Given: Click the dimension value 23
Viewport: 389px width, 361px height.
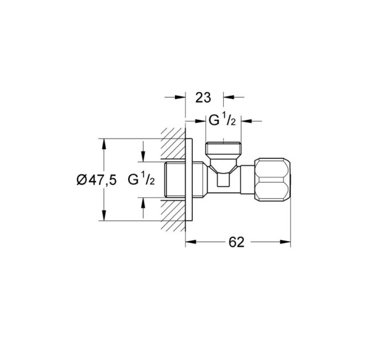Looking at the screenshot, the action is click(x=203, y=97).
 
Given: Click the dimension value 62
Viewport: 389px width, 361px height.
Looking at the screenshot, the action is click(x=236, y=242).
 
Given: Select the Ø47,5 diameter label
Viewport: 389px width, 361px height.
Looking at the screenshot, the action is click(x=96, y=180).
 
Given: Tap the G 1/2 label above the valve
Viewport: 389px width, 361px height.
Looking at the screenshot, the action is click(x=222, y=121).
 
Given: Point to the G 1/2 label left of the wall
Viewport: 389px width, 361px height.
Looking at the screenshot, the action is click(x=141, y=180).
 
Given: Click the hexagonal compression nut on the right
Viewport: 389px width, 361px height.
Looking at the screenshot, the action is click(x=272, y=179).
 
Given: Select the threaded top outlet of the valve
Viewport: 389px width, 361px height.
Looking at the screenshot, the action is click(x=224, y=148).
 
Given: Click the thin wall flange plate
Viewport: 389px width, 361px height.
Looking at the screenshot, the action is click(x=189, y=179).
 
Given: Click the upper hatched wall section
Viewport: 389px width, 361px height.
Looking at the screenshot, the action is click(x=173, y=143).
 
